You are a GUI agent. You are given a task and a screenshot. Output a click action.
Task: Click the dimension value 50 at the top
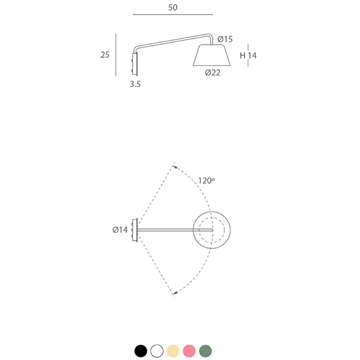(174, 7)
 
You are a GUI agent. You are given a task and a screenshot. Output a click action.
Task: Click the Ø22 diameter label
(211, 72)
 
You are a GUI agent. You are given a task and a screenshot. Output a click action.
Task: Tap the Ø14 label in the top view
(119, 229)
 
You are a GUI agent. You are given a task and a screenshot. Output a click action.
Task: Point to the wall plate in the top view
(137, 229)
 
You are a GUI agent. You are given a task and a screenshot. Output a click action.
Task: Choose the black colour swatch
(140, 350)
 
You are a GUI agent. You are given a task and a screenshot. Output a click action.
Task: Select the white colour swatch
(156, 350)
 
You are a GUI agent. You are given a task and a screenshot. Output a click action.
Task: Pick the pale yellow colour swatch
(172, 350)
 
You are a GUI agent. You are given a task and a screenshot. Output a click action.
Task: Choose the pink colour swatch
(188, 350)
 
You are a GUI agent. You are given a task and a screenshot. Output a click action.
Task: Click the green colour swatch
(204, 350)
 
